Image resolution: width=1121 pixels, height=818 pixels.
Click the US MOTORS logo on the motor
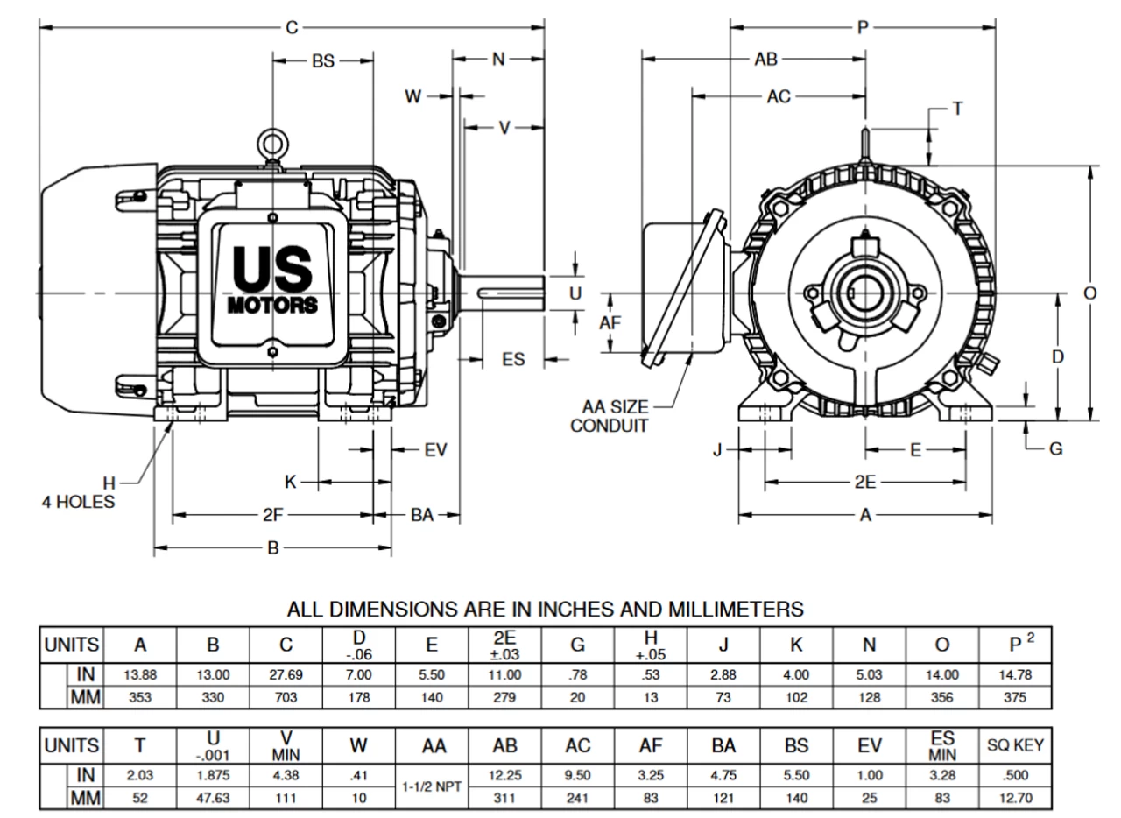[272, 279]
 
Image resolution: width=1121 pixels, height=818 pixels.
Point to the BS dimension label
[323, 61]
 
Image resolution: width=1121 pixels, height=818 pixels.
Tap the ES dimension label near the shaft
[513, 359]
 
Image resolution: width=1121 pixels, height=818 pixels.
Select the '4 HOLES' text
[78, 503]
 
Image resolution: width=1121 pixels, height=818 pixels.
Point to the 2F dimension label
[273, 515]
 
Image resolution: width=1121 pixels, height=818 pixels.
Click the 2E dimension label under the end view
[865, 482]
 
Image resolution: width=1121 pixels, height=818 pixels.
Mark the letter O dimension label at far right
[1089, 293]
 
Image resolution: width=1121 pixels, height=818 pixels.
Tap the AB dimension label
[765, 60]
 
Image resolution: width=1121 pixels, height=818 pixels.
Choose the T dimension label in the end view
[957, 108]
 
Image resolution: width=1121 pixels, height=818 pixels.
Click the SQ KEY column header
[1015, 746]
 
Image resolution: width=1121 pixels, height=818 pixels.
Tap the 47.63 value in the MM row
[213, 799]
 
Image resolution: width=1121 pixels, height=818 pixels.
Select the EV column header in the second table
[870, 746]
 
